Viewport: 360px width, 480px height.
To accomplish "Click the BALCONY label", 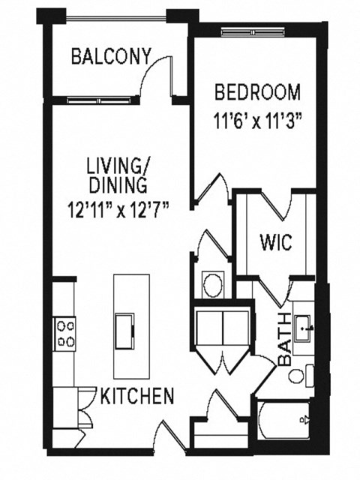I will (110, 57).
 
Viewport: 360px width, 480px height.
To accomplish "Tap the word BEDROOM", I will (257, 93).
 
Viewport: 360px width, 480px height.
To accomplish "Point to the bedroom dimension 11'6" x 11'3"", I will (257, 118).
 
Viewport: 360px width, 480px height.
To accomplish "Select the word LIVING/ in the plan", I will (117, 163).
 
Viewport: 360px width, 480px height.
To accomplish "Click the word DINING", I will (117, 184).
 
